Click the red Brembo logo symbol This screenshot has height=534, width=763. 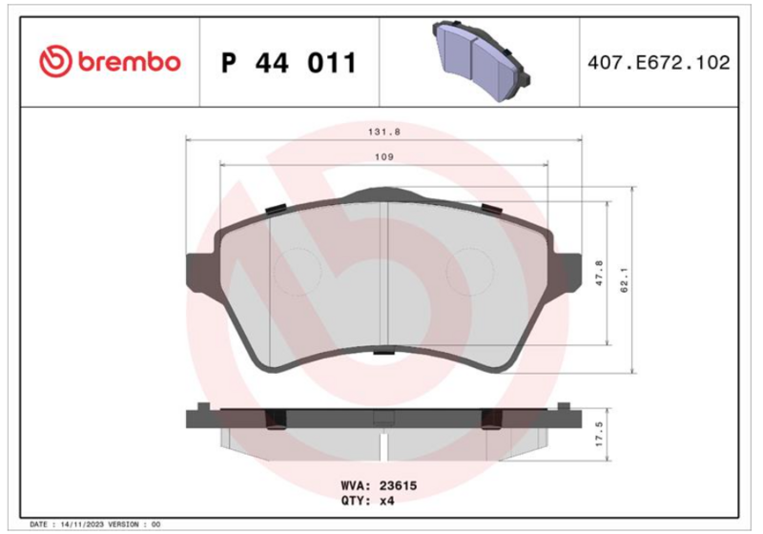point(55,62)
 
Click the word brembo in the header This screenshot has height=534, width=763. point(129,62)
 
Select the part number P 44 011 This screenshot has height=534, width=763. point(289,63)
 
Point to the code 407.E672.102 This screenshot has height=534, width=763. point(659,63)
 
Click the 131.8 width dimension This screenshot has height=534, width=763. point(384,132)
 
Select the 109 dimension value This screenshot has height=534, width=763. point(384,157)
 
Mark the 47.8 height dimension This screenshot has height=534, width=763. point(599,273)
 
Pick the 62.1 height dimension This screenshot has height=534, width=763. point(625,279)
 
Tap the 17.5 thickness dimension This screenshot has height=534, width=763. point(599,434)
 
